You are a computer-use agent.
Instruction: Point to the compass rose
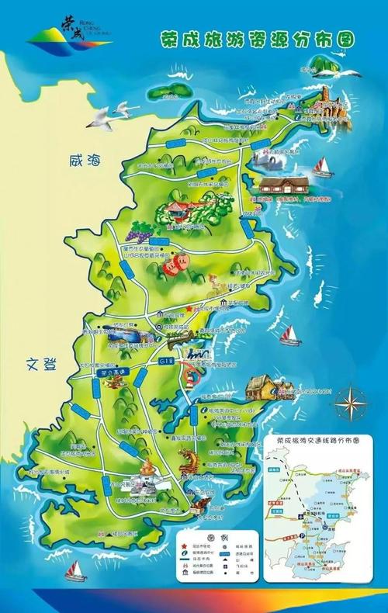[352, 402]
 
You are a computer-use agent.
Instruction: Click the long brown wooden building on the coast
[284, 185]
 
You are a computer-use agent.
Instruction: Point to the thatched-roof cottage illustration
[261, 386]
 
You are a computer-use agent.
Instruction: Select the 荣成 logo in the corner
[70, 33]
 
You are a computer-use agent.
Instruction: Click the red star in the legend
[184, 548]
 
